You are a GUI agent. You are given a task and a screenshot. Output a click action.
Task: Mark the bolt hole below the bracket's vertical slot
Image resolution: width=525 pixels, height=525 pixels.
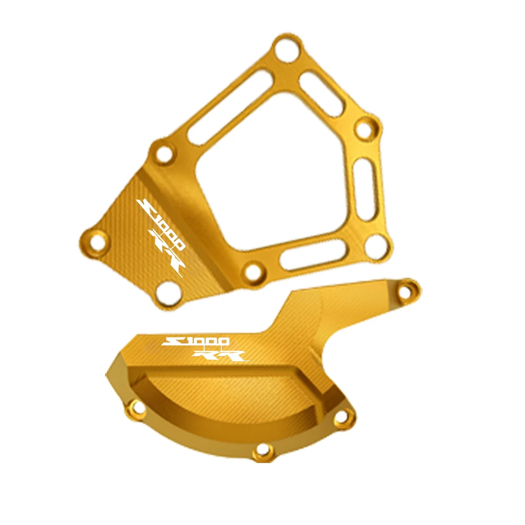(375, 245)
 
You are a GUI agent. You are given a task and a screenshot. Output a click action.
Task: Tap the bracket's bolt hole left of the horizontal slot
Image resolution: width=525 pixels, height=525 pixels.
(254, 272)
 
